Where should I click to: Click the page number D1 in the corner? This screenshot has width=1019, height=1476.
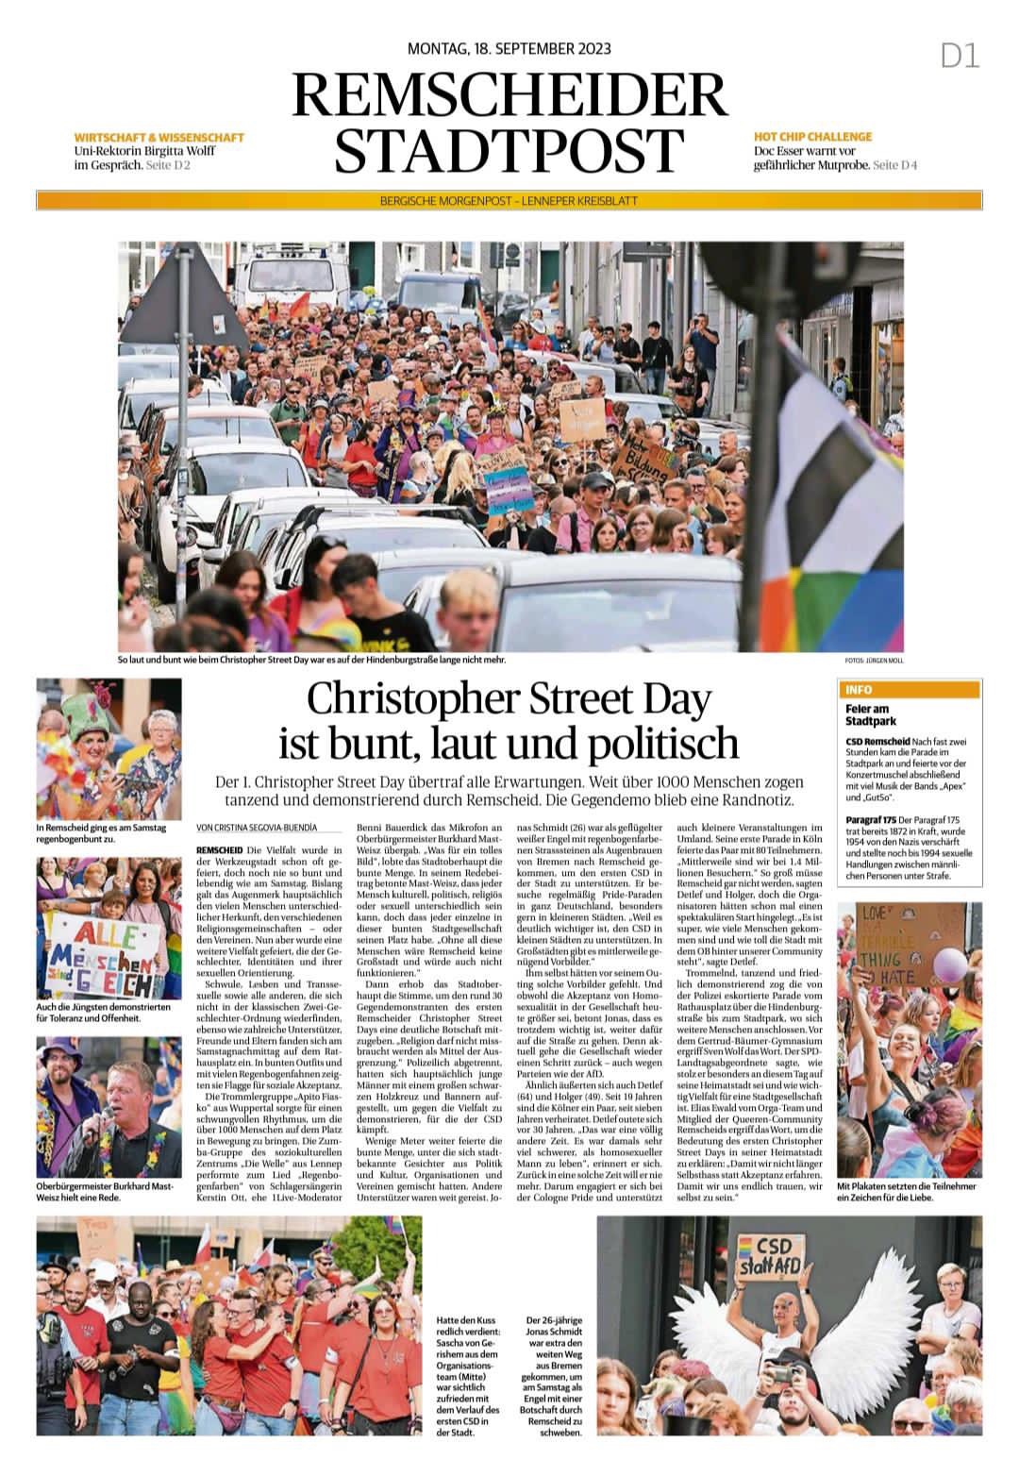click(960, 57)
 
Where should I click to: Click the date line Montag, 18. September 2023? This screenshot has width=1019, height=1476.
click(509, 49)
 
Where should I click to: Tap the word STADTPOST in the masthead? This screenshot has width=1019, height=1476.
click(509, 149)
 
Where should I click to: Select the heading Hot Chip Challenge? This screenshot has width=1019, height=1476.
click(812, 137)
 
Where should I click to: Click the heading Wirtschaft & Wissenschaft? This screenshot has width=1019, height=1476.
click(159, 137)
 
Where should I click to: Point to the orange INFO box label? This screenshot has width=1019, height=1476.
click(860, 690)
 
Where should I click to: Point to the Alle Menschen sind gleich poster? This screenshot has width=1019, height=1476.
click(104, 959)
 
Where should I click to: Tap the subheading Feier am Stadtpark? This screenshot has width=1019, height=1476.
click(871, 714)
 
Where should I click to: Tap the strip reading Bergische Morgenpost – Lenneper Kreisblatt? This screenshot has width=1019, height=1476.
click(509, 201)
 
